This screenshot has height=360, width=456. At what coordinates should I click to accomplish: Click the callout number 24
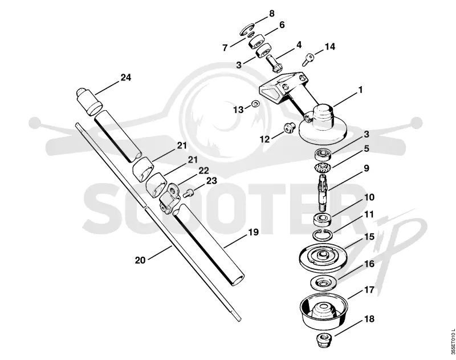coord(126,78)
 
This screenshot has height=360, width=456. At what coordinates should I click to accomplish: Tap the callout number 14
coord(329,47)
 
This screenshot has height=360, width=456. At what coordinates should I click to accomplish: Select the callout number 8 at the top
coord(272,14)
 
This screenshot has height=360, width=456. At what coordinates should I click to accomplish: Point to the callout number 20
coord(140,260)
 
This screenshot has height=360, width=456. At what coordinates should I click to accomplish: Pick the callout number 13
coord(238,110)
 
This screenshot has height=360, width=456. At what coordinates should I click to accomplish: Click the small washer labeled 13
coord(255,103)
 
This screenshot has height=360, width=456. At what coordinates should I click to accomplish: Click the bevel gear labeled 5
coord(323,168)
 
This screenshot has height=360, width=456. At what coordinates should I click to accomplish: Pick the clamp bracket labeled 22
coord(169,199)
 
